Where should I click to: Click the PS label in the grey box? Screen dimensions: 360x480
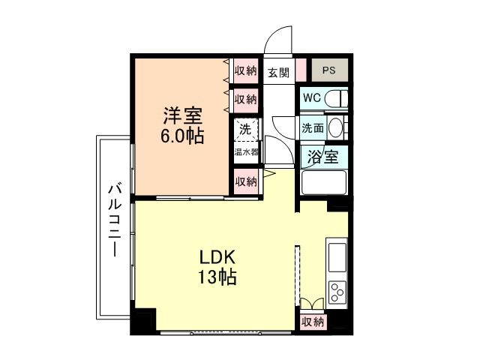point(328,70)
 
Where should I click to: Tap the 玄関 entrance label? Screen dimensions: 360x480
point(277,72)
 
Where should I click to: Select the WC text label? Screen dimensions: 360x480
point(313,97)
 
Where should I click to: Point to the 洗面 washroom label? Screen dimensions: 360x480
point(313,128)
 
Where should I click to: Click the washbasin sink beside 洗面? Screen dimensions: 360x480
point(337,127)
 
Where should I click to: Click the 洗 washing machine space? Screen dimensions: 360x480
point(245,129)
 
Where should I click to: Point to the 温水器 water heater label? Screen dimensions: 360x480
point(245,151)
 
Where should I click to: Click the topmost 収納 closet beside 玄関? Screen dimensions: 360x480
point(245,71)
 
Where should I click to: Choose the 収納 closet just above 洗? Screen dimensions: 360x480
point(245,98)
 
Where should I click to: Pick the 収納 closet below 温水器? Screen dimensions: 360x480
point(245,181)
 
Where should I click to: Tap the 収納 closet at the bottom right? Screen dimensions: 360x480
point(313,322)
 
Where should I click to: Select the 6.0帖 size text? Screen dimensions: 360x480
point(182,137)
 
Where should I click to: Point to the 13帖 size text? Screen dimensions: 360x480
point(217,277)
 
